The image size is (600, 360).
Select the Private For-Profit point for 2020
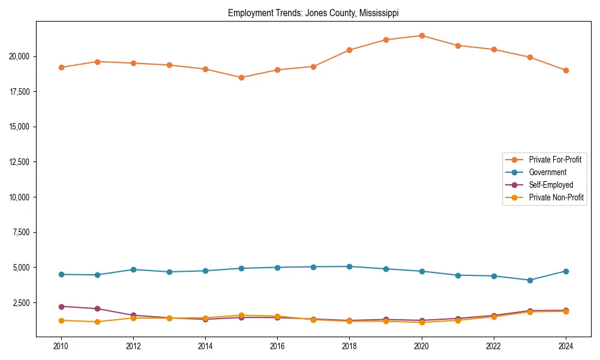tap(422, 35)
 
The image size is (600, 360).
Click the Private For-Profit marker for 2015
tap(241, 77)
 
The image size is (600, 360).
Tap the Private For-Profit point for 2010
tap(61, 67)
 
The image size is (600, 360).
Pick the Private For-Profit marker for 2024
tap(566, 70)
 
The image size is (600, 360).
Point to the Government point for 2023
tap(530, 280)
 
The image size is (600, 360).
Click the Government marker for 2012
tap(133, 269)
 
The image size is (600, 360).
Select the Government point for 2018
tap(349, 266)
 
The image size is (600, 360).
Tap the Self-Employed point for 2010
tap(61, 307)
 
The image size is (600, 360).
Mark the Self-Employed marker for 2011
tap(97, 309)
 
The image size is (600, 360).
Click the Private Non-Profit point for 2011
tap(97, 322)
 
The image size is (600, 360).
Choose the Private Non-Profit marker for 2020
tap(422, 323)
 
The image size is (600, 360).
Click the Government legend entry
tap(547, 172)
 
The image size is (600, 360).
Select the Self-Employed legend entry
tap(551, 185)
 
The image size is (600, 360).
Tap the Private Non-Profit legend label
tap(556, 197)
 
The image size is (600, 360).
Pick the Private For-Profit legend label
tap(555, 160)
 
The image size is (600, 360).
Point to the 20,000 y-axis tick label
tap(21, 56)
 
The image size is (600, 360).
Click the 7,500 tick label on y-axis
tap(23, 232)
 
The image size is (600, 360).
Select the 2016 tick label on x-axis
tap(277, 346)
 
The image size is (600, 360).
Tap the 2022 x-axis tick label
tap(494, 346)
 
